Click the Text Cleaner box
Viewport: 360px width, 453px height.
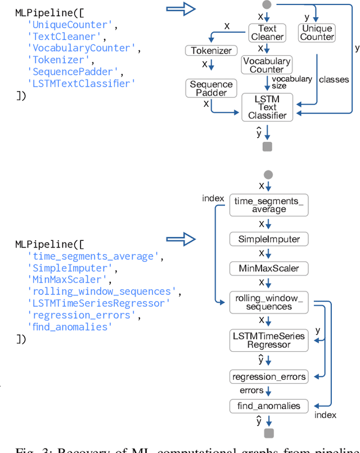click(x=267, y=33)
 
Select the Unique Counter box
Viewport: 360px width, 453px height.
click(x=317, y=33)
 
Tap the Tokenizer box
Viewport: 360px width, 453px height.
click(x=211, y=51)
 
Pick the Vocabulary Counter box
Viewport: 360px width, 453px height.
click(x=267, y=65)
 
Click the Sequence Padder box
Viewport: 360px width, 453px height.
click(x=211, y=88)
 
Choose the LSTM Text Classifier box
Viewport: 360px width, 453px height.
click(x=267, y=107)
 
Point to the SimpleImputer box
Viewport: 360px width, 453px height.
click(x=268, y=239)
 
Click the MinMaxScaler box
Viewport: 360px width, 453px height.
click(x=268, y=268)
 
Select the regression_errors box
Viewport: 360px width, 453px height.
click(x=268, y=376)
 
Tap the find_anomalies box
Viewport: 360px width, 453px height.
click(x=268, y=406)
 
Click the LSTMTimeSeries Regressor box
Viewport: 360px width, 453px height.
click(x=268, y=340)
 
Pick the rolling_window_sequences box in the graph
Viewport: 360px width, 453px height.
click(x=268, y=302)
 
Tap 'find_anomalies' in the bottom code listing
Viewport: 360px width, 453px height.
click(x=70, y=327)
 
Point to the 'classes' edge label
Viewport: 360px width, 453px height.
click(x=334, y=79)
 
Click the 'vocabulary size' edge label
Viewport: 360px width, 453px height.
click(x=291, y=83)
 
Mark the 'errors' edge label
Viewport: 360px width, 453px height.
click(x=251, y=390)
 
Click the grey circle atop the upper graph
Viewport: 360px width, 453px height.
click(x=267, y=5)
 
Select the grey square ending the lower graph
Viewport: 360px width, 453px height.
click(x=268, y=433)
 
